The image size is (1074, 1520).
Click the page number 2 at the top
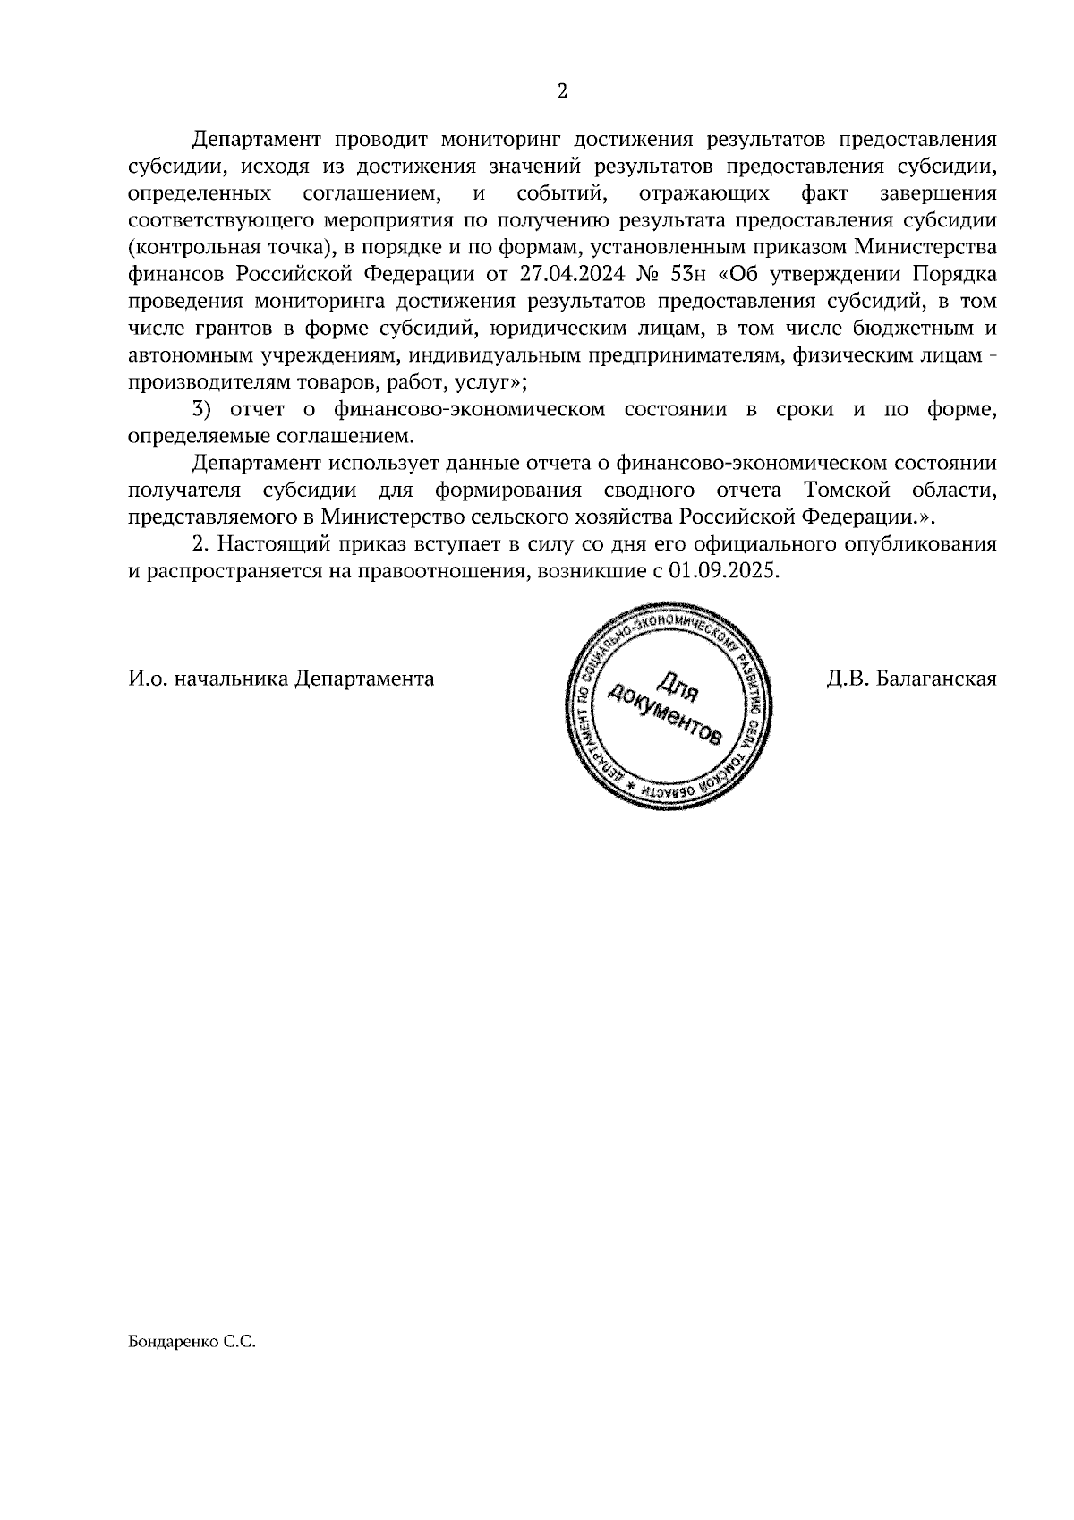pyautogui.click(x=562, y=91)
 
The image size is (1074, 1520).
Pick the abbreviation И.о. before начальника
pyautogui.click(x=146, y=679)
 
